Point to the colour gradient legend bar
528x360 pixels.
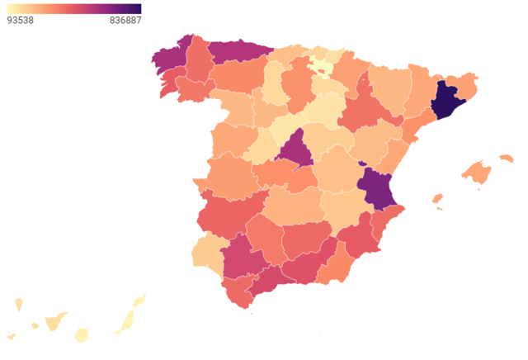[73, 8]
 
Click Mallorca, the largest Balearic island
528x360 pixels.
[477, 172]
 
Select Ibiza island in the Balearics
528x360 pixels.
[438, 199]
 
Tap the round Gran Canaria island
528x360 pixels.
[82, 334]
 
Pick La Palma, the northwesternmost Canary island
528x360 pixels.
[18, 306]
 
